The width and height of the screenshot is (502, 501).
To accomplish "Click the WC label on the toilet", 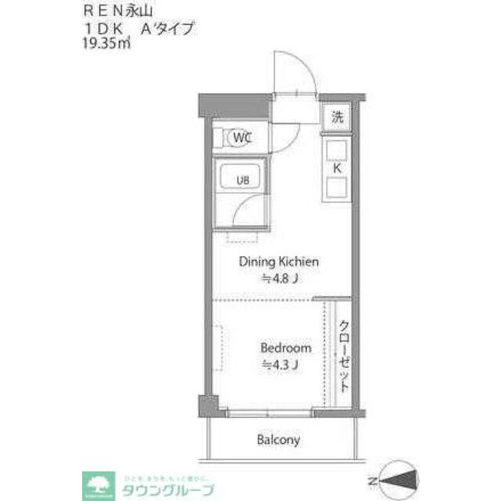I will (241, 139).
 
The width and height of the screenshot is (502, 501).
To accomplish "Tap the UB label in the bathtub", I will (244, 179).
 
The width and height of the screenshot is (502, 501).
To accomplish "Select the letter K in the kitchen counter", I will (338, 168).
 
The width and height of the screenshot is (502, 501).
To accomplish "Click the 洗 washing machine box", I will (338, 119).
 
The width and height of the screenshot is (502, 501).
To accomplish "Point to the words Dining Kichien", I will (279, 262).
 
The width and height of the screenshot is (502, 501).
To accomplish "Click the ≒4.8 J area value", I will (279, 278).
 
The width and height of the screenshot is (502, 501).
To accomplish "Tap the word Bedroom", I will (285, 348).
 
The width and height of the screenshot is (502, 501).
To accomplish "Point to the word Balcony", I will (278, 440).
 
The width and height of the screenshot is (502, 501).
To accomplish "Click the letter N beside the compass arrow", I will (373, 479).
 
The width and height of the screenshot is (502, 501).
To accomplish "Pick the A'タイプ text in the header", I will (166, 29).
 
